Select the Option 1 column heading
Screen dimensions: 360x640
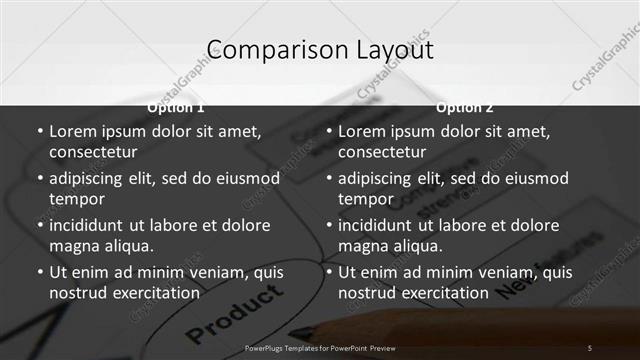176,107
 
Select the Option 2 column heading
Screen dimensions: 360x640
465,107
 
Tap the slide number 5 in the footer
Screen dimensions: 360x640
590,347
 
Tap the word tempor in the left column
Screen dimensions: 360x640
77,199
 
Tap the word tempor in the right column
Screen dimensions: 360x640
366,199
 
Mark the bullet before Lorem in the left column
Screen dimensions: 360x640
39,131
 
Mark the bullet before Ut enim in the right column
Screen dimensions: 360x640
328,272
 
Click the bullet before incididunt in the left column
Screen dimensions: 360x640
39,225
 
